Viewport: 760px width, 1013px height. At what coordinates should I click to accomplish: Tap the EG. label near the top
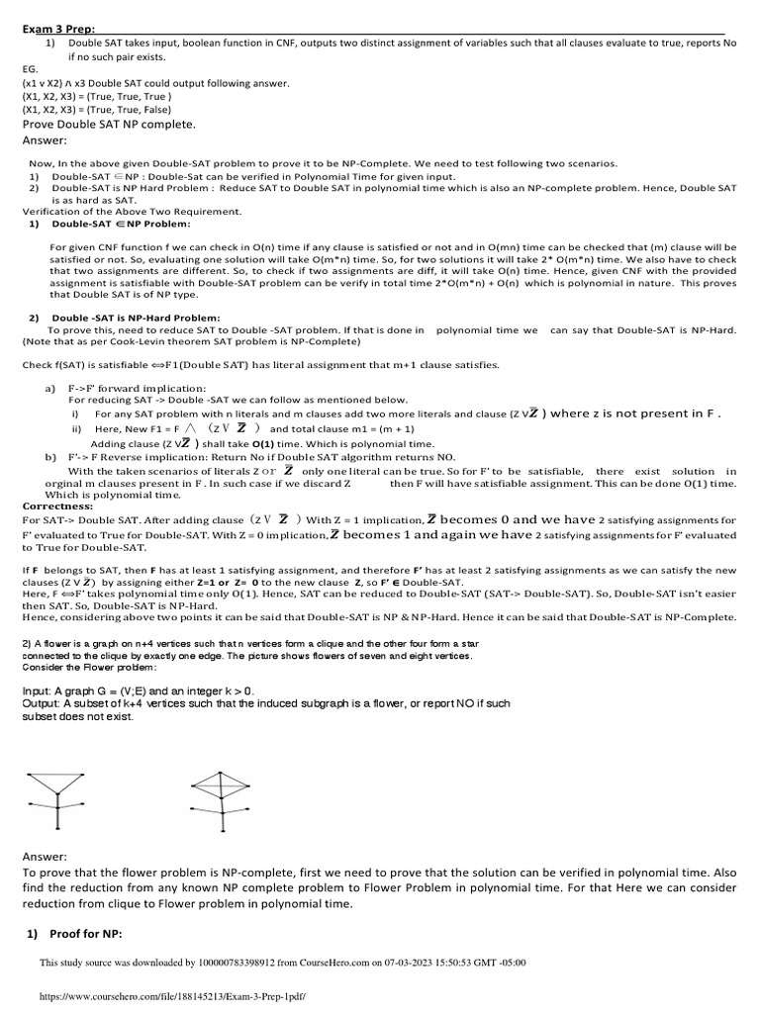tap(31, 70)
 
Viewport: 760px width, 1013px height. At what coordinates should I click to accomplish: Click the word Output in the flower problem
tap(45, 703)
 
